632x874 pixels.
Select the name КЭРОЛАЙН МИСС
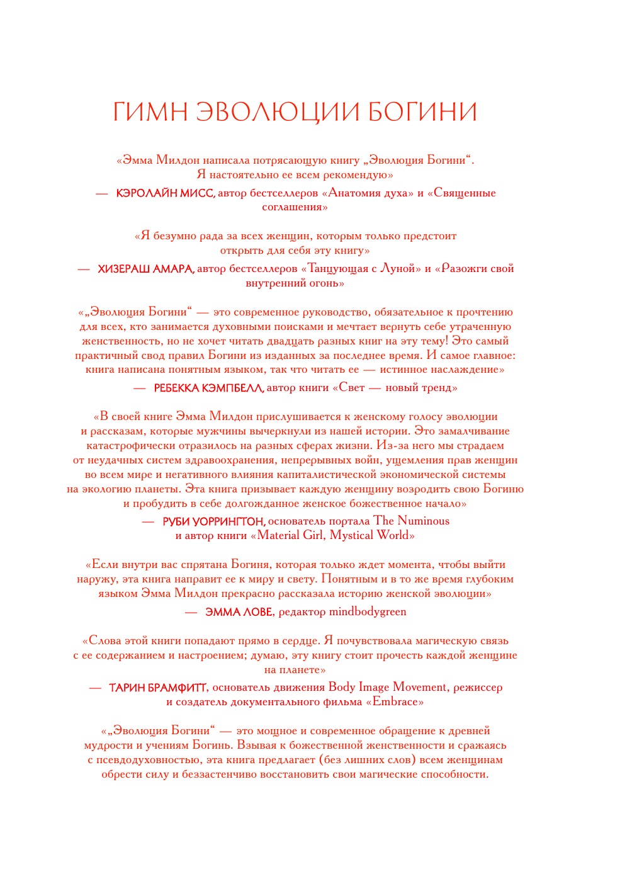point(165,193)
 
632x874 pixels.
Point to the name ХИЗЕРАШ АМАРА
point(145,269)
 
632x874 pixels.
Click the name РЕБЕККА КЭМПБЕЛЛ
point(208,388)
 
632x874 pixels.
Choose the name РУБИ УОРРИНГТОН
point(214,521)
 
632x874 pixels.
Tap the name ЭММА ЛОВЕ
point(239,612)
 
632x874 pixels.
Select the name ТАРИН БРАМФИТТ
point(158,688)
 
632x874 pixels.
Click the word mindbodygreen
point(368,612)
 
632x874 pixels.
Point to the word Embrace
point(395,702)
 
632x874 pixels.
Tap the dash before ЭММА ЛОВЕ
point(191,612)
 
